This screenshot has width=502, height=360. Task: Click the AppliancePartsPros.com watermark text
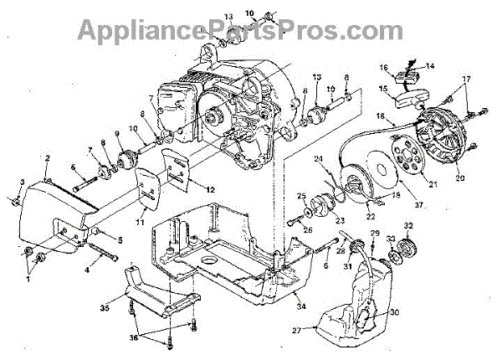251,29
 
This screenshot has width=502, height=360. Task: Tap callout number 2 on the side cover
48,157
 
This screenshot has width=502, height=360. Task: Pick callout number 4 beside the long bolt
88,270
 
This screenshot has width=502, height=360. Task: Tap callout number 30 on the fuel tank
395,309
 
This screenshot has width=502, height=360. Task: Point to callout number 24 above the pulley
319,159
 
